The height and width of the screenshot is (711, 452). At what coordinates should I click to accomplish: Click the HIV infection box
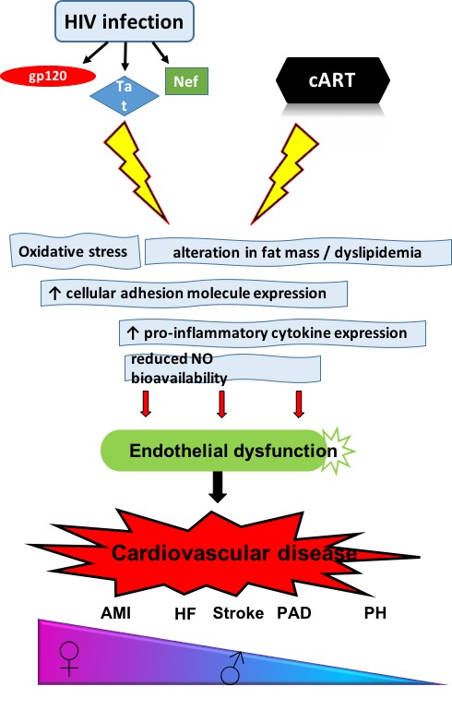(x=125, y=21)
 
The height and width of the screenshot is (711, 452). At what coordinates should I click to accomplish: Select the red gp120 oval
(x=48, y=76)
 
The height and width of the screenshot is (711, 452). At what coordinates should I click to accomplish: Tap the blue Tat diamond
(x=125, y=96)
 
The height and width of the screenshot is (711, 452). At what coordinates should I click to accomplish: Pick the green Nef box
(x=186, y=81)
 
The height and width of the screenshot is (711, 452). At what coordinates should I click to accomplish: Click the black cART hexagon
(x=332, y=79)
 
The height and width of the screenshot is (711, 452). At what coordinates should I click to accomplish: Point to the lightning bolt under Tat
(x=136, y=173)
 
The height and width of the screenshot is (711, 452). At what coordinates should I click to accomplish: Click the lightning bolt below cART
(x=285, y=174)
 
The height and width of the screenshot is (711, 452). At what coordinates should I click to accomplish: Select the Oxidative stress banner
(x=75, y=251)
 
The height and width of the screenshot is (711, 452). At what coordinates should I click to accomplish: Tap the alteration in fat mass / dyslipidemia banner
(x=298, y=252)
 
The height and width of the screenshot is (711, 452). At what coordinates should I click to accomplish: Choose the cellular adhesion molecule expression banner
(x=194, y=294)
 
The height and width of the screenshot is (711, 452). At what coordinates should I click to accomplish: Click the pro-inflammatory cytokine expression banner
(x=272, y=333)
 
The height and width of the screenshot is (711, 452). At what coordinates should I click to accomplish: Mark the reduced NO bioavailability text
(x=179, y=368)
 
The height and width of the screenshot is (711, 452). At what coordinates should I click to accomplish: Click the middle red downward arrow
(x=221, y=404)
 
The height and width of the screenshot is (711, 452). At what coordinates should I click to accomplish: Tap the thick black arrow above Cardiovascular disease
(x=218, y=487)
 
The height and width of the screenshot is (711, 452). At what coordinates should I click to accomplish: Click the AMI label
(x=115, y=613)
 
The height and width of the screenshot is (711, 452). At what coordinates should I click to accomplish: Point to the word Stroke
(x=238, y=613)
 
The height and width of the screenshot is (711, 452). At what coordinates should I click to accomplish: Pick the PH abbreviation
(x=375, y=613)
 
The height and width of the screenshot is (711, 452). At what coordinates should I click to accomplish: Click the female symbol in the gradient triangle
(x=69, y=659)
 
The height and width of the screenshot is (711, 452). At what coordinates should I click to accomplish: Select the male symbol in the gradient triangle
(x=232, y=668)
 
